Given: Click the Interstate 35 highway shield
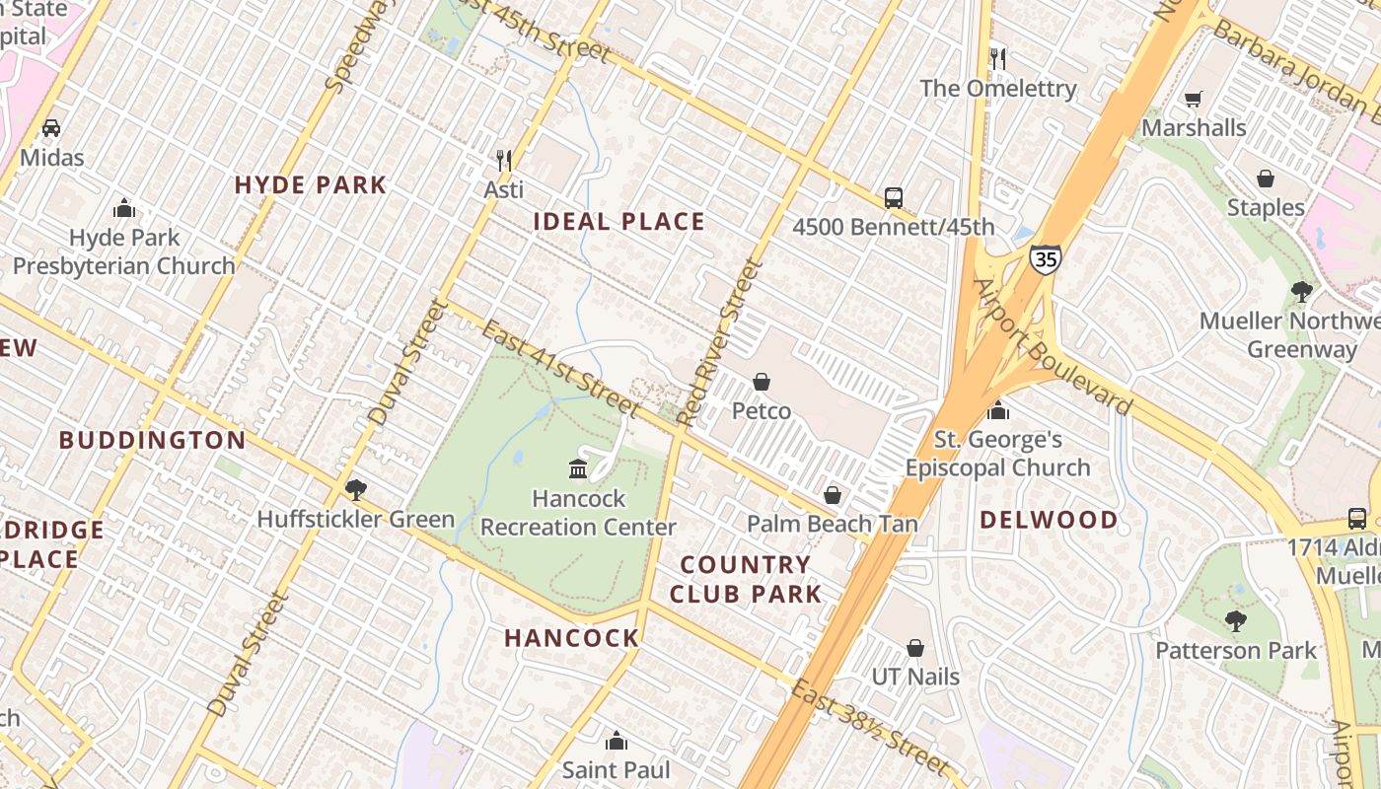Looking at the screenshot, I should pyautogui.click(x=1046, y=258).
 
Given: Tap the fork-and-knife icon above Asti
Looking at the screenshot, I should pyautogui.click(x=504, y=160).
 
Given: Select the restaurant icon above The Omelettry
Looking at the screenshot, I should pyautogui.click(x=997, y=59).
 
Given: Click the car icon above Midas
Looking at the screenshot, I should pyautogui.click(x=51, y=127).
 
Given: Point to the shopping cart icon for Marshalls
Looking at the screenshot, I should pyautogui.click(x=1194, y=99).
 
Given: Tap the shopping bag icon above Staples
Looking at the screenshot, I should pyautogui.click(x=1266, y=179).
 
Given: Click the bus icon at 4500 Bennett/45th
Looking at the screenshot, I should pyautogui.click(x=894, y=198).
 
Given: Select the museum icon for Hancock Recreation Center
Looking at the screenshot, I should pyautogui.click(x=578, y=468).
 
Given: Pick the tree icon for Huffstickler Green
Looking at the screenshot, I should pyautogui.click(x=355, y=489).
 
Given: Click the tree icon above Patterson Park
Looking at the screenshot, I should pyautogui.click(x=1235, y=620).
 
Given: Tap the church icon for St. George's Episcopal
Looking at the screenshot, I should pyautogui.click(x=998, y=410).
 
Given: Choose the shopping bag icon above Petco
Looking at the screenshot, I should pyautogui.click(x=762, y=382).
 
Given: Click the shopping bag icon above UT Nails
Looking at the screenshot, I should pyautogui.click(x=915, y=648).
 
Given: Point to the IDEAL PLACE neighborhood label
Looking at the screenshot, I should pyautogui.click(x=619, y=222).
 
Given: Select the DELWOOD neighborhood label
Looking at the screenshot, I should pyautogui.click(x=1049, y=520).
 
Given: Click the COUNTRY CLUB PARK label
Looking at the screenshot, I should pyautogui.click(x=746, y=579).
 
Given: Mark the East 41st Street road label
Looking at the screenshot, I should pyautogui.click(x=562, y=367).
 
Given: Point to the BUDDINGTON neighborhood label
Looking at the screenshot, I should pyautogui.click(x=152, y=440).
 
